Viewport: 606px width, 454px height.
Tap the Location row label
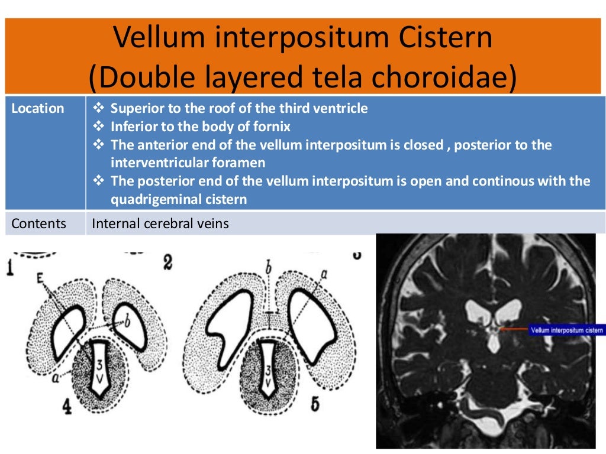click(x=38, y=108)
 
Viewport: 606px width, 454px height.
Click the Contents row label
click(x=39, y=223)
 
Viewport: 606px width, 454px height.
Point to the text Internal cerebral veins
click(x=160, y=224)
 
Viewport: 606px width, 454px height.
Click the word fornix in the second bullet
click(x=273, y=127)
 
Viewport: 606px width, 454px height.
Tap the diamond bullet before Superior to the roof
click(x=99, y=108)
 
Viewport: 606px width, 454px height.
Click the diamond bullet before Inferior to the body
click(x=99, y=127)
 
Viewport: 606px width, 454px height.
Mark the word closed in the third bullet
click(x=423, y=145)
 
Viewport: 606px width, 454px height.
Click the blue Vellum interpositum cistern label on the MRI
click(x=566, y=330)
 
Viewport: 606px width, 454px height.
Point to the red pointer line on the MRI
click(x=514, y=329)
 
